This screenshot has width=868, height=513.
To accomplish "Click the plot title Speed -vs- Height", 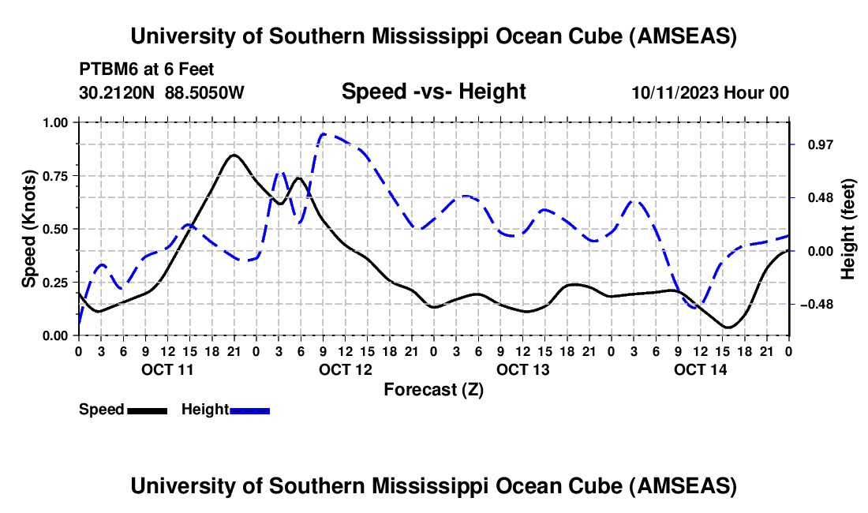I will point(433,92).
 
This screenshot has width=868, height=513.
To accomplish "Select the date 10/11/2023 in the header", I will point(675,92).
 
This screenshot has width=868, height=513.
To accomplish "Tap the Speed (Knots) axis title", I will point(29,229).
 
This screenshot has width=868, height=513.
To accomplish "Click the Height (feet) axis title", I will point(848,229).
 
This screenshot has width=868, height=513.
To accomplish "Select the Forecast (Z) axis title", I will point(433,389).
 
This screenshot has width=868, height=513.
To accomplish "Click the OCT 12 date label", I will point(345,369).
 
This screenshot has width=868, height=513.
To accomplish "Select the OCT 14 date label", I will point(700,369).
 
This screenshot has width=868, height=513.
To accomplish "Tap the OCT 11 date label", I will point(167,369).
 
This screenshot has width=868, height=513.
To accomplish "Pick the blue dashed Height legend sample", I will point(249,410).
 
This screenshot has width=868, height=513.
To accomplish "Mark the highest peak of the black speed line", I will point(234,155).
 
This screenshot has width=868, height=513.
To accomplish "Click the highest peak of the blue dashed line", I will point(325,134).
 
